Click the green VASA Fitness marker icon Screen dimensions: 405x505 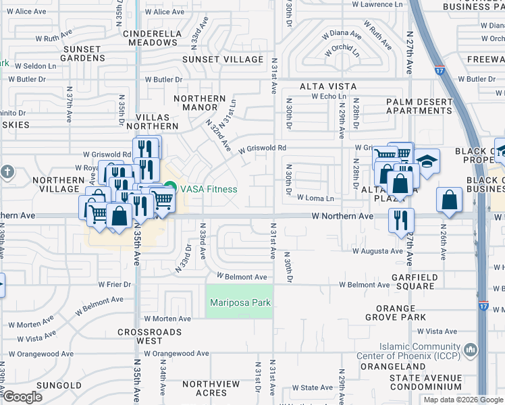tap(170, 188)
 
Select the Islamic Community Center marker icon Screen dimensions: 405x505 tap(471, 350)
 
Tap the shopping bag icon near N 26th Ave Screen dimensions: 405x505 tap(450, 200)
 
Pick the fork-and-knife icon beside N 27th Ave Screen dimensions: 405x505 tap(401, 219)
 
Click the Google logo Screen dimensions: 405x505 tap(22, 397)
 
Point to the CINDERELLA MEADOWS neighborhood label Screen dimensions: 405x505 tap(149, 37)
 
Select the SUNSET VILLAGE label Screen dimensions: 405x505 tap(223, 59)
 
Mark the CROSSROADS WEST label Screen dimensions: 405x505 tap(150, 337)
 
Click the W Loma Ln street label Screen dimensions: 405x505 tap(315, 198)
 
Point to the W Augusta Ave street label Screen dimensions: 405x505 tap(377, 251)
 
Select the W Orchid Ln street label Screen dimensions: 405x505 tap(342, 51)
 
